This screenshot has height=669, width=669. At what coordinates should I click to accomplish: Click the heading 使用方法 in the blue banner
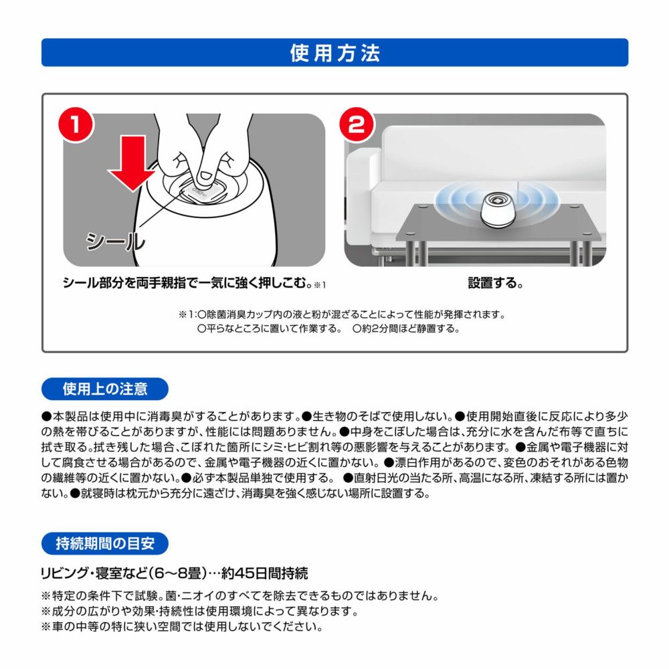334,53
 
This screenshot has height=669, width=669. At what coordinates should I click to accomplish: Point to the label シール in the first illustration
114,240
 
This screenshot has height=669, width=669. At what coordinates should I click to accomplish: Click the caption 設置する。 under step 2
494,283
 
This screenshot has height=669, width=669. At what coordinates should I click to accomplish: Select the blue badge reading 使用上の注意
105,388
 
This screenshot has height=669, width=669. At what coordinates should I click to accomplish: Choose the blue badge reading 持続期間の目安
105,543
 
